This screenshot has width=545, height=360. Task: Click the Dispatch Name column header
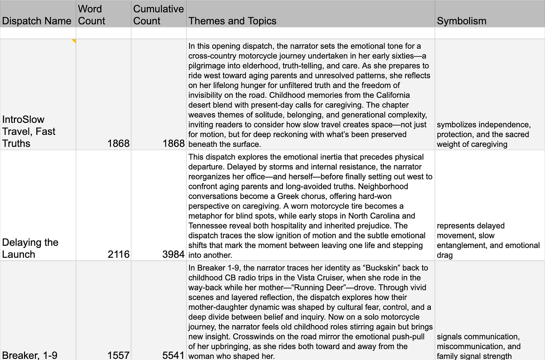(37, 21)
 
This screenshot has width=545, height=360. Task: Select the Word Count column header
(91, 15)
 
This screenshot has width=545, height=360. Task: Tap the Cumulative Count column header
(158, 15)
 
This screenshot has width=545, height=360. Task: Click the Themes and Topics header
(232, 21)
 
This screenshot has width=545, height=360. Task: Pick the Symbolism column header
(462, 21)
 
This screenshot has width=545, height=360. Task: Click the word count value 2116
(118, 254)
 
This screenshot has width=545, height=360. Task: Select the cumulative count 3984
(173, 254)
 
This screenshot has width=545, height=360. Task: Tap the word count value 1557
(118, 355)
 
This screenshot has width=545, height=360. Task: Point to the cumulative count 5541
(173, 355)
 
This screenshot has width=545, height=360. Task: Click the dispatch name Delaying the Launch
(30, 248)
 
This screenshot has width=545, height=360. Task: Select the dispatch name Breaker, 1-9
(30, 355)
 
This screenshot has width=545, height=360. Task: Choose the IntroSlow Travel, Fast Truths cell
(29, 131)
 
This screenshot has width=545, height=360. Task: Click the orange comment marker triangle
(74, 41)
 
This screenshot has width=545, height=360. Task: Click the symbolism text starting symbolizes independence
(483, 134)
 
